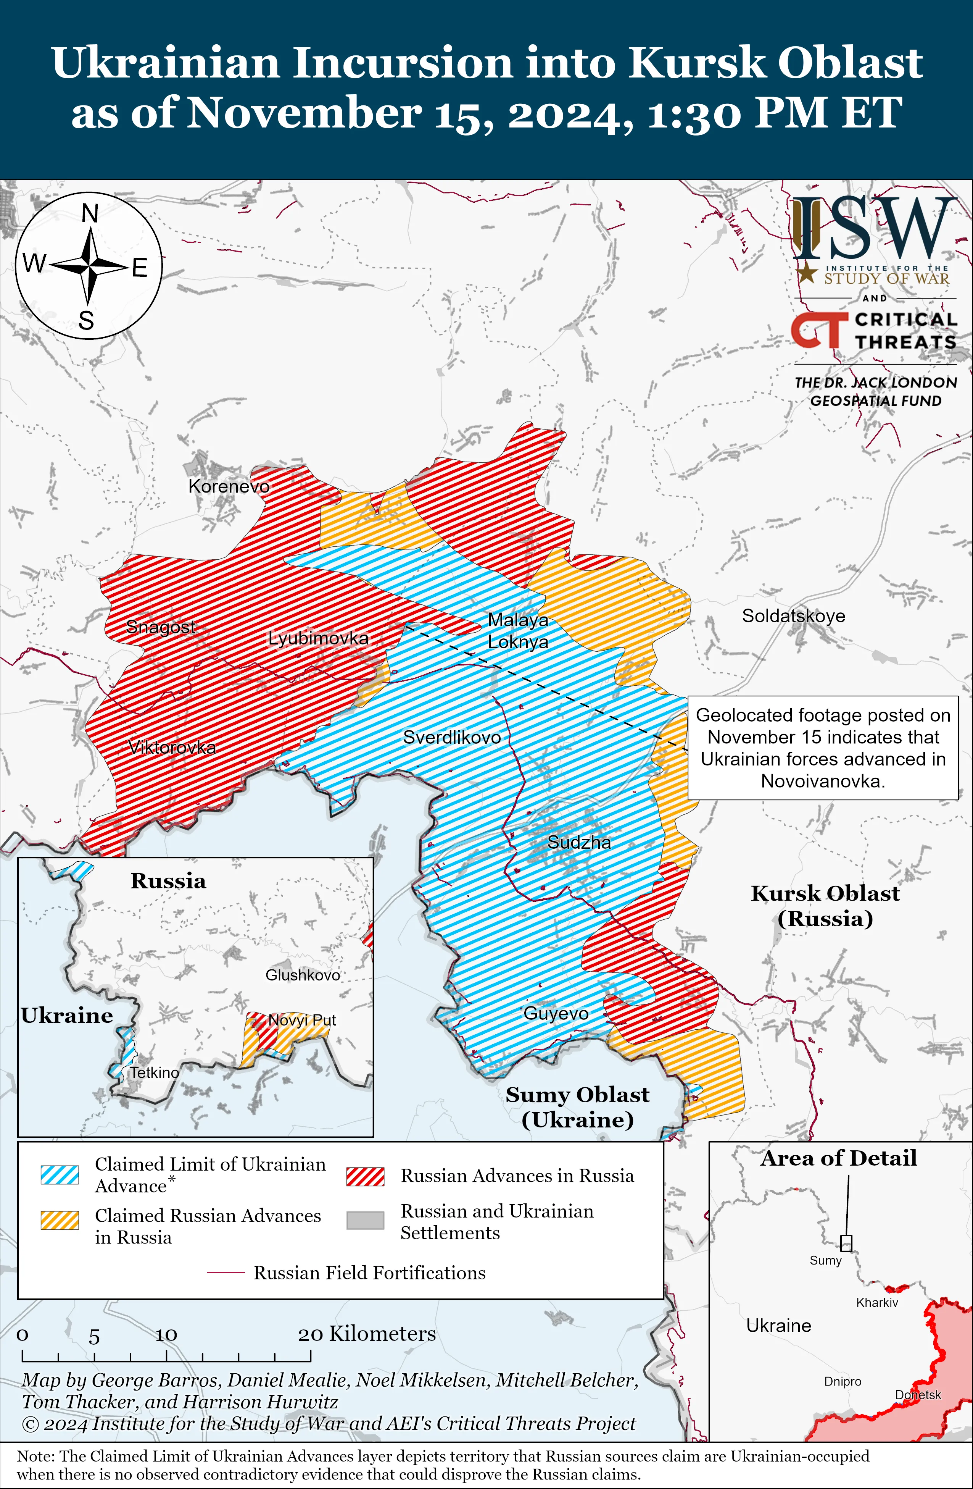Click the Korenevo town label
coord(229,486)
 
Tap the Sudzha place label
coord(579,842)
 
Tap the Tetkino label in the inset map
coord(155,1072)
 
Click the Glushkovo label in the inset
coord(303,975)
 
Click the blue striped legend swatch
coord(60,1174)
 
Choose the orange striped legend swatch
coord(60,1220)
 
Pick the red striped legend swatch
coord(365,1176)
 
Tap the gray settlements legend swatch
coord(365,1220)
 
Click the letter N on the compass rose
coord(90,214)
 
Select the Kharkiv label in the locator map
coord(877,1303)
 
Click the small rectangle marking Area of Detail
coord(846,1242)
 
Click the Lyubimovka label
coord(318,638)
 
